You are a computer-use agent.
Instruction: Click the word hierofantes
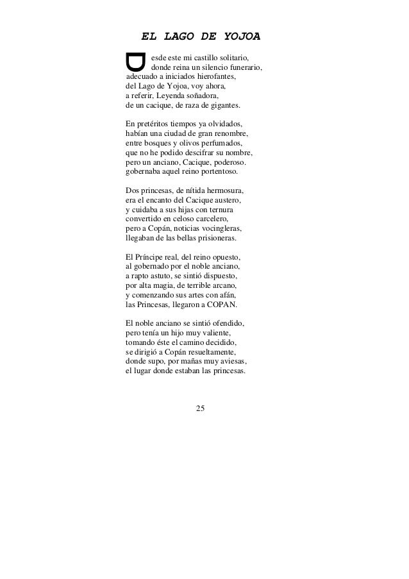coord(214,78)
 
